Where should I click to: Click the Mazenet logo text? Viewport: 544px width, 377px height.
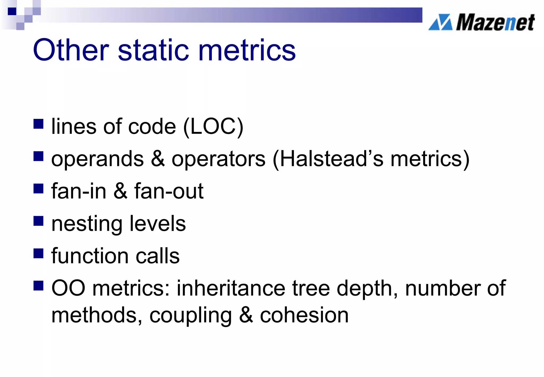point(495,23)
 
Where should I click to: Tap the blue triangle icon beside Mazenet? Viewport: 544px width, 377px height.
point(441,22)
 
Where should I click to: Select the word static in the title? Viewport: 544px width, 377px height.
point(154,50)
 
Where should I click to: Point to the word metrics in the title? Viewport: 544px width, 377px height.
point(247,50)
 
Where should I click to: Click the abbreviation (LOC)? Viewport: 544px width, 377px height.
point(213,127)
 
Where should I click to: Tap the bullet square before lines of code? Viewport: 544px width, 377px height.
point(39,124)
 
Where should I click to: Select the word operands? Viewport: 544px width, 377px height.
point(97,159)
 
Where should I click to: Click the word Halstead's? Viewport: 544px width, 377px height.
point(331,159)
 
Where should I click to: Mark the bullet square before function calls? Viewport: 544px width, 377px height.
point(39,253)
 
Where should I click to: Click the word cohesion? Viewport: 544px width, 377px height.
point(304,315)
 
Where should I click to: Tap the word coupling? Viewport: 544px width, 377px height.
point(191,316)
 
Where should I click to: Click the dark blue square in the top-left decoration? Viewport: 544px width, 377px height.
point(12,11)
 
